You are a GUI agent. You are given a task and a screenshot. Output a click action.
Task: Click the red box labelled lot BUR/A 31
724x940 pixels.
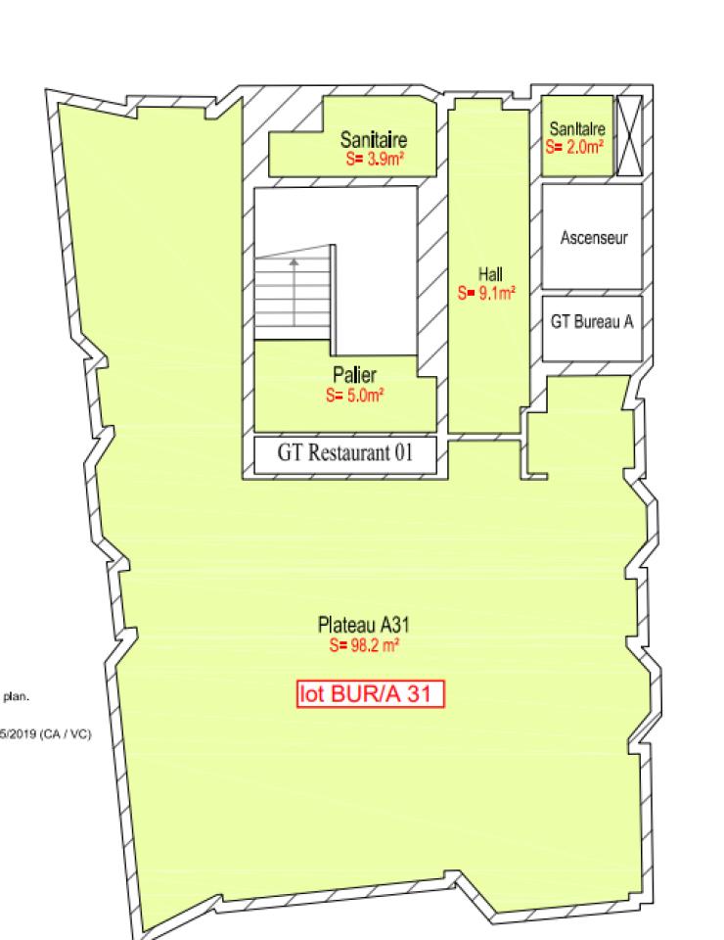371,693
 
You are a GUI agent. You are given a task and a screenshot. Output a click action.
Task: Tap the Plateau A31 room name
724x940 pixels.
363,625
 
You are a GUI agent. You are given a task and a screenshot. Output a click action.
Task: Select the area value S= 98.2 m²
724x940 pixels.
364,645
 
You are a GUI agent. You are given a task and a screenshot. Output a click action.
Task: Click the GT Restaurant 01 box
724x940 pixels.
344,453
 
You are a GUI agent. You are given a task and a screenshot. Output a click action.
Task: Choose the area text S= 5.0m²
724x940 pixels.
354,396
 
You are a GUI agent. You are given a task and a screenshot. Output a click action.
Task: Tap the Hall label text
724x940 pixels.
490,275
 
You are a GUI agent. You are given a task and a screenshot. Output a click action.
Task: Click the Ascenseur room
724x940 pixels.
593,237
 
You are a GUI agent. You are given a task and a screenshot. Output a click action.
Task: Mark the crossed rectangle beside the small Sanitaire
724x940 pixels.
628,136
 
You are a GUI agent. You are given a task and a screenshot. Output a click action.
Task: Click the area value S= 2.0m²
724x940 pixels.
575,147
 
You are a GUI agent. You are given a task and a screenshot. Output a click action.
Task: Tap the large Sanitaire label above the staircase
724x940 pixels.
373,140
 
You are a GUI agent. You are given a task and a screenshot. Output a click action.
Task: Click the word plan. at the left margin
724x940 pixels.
17,698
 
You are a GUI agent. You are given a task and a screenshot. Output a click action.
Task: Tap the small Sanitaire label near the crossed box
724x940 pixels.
577,128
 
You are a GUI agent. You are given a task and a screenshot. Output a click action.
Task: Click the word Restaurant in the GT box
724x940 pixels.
350,453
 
